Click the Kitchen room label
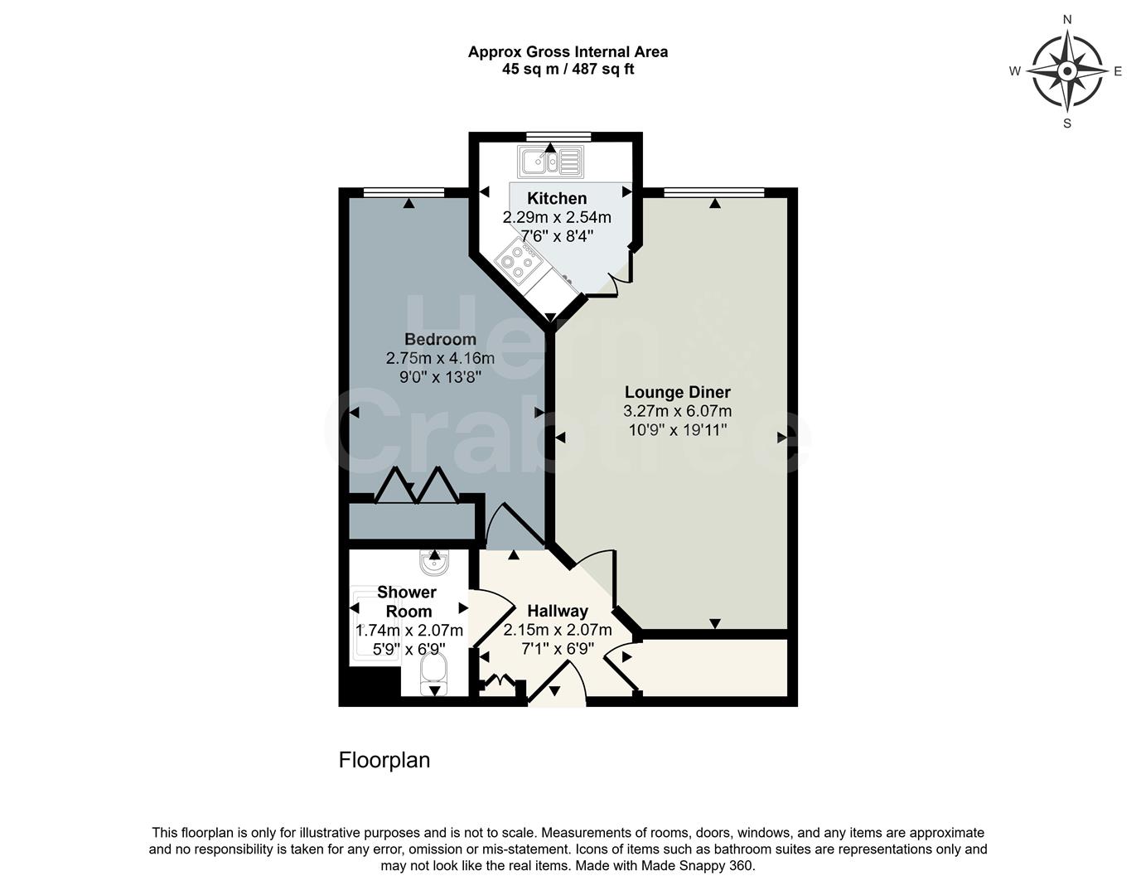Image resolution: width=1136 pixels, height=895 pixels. pyautogui.click(x=557, y=198)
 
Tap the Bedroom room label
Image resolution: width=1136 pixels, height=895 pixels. pyautogui.click(x=440, y=339)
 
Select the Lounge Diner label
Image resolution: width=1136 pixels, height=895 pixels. pyautogui.click(x=677, y=392)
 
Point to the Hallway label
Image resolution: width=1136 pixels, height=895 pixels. pyautogui.click(x=558, y=611)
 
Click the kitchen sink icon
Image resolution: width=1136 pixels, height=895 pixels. pyautogui.click(x=550, y=162)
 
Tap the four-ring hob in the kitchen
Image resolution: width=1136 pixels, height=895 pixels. pyautogui.click(x=519, y=260)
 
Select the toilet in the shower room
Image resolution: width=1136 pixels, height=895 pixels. pyautogui.click(x=433, y=674)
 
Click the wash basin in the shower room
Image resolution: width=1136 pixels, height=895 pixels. pyautogui.click(x=434, y=564)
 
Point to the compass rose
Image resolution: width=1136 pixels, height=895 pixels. pyautogui.click(x=1067, y=71)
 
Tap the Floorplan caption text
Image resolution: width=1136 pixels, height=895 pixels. pyautogui.click(x=384, y=760)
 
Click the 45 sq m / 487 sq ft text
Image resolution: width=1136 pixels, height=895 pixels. pyautogui.click(x=568, y=70)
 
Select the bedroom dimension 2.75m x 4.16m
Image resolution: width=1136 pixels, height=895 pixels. pyautogui.click(x=440, y=358)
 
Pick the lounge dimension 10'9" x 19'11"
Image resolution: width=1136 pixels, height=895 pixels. pyautogui.click(x=677, y=430)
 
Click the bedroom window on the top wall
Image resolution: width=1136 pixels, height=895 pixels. pyautogui.click(x=404, y=192)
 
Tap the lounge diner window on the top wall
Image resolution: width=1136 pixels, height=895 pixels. pyautogui.click(x=713, y=192)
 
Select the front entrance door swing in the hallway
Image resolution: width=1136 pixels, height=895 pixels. pyautogui.click(x=557, y=687)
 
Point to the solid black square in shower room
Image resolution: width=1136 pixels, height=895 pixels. pyautogui.click(x=368, y=687)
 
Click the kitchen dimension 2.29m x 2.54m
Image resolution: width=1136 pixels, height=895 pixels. pyautogui.click(x=557, y=217)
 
